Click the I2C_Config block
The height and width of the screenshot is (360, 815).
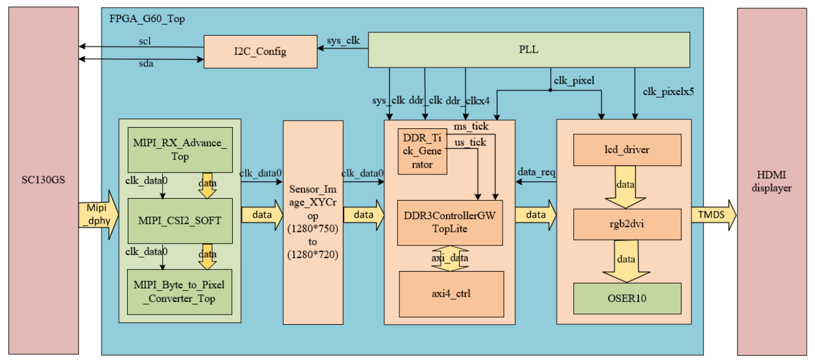coord(260,51)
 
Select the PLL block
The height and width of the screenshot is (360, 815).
coord(529,50)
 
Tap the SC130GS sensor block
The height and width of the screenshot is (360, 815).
coord(44,180)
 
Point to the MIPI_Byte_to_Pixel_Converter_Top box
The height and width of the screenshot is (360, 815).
coord(179,291)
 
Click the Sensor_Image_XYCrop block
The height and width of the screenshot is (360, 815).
coord(313,222)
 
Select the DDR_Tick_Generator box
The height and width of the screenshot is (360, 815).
coord(422,152)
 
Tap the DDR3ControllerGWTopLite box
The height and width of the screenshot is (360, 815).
coord(450,222)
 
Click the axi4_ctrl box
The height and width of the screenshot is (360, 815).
coord(451,294)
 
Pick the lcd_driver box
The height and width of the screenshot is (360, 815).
coord(627,150)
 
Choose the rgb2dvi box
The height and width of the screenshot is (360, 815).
coord(627,223)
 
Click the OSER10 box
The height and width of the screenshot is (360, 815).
coord(627,298)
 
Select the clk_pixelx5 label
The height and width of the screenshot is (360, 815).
coord(668,91)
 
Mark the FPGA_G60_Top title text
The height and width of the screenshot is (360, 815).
coord(147,19)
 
